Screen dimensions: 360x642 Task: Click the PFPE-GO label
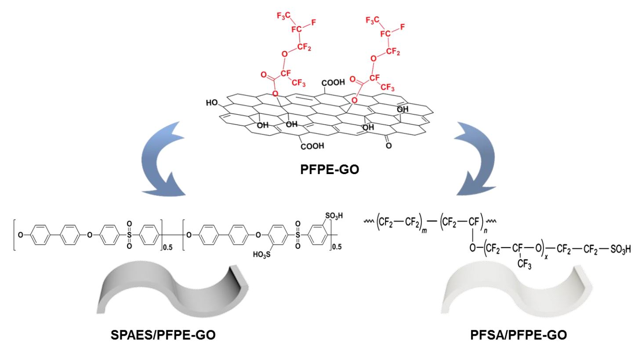point(330,169)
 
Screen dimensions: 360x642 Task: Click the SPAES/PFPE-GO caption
point(163,335)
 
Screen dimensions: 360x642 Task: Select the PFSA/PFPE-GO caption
point(518,335)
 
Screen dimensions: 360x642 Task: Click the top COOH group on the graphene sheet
point(333,83)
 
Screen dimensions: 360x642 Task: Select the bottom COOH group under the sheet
point(312,146)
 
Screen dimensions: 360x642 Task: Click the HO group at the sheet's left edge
point(212,103)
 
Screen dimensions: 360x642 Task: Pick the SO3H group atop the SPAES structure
point(334,216)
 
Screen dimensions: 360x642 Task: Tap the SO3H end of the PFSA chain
point(620,249)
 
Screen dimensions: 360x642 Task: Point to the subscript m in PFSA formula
point(424,230)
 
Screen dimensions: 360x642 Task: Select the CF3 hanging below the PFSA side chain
point(524,264)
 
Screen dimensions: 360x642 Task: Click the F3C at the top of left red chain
point(283,16)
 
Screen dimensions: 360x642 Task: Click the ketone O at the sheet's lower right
point(388,145)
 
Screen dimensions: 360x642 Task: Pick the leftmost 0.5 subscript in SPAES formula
point(167,247)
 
